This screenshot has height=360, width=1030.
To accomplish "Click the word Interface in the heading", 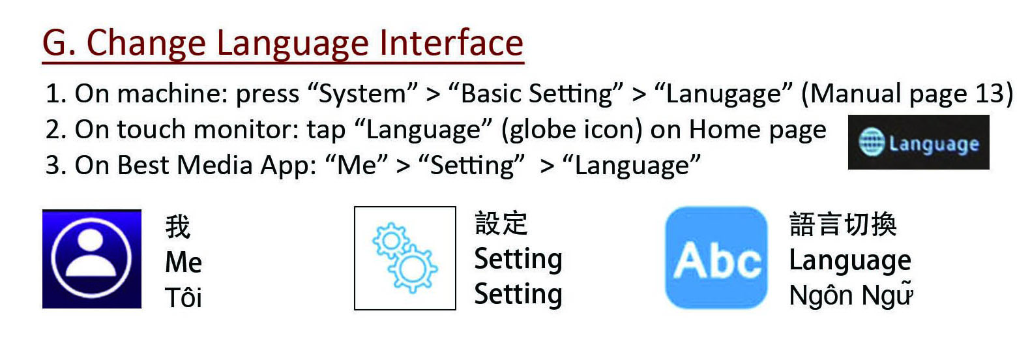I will click(451, 43).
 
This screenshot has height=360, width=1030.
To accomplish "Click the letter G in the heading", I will click(55, 43).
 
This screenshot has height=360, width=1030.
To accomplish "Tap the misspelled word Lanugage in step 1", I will click(724, 94).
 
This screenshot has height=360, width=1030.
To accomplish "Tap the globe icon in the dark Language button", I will click(871, 142).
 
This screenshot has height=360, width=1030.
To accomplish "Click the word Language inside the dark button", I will click(934, 143).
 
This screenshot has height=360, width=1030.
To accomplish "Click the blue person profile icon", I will click(92, 259).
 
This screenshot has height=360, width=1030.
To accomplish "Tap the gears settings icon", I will click(405, 258).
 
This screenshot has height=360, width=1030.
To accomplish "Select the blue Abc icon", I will click(716, 258).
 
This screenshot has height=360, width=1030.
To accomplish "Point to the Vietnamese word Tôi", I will click(183, 298).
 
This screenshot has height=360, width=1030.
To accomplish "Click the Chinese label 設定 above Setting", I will click(501, 223).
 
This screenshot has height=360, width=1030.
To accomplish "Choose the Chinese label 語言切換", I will click(843, 224).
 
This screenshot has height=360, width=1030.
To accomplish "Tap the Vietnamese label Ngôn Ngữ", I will click(850, 295).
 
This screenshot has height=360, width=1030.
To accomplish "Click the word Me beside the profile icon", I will click(183, 262).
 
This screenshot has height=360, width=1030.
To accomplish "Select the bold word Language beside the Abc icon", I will click(850, 260).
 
